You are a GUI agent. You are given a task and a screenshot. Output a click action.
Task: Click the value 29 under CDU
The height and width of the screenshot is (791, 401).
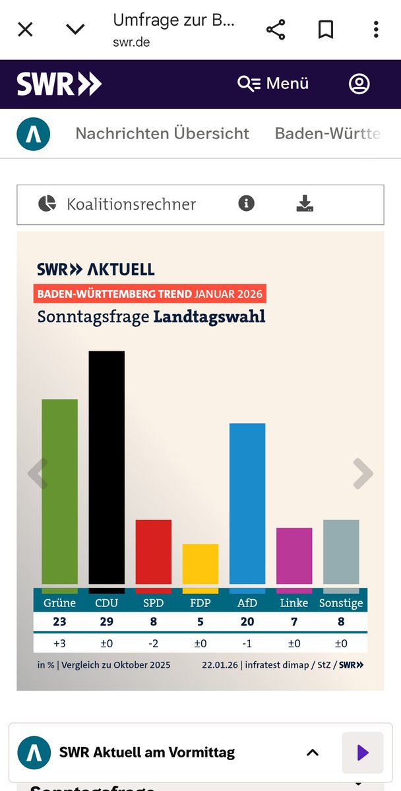(107, 622)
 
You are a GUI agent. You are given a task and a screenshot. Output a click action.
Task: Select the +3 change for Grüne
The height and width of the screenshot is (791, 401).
(59, 643)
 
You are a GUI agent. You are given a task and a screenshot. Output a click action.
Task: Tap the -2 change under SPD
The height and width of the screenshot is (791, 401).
(154, 643)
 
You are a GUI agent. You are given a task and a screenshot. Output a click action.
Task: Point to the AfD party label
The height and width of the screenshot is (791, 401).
(247, 603)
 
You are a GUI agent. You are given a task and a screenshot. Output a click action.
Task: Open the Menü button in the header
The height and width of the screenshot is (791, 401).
(274, 84)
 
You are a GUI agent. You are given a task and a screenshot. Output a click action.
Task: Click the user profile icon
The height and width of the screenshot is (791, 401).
(359, 84)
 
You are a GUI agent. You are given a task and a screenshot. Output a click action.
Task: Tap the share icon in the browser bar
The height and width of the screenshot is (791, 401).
(275, 29)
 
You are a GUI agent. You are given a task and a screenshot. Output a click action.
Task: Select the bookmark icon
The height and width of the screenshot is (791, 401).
(326, 29)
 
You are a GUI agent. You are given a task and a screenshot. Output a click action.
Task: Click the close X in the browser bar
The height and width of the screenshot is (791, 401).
(25, 29)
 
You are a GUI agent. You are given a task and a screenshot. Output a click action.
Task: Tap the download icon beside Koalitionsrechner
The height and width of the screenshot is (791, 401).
(305, 204)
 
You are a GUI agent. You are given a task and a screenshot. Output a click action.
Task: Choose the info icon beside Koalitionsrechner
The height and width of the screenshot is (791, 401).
(246, 204)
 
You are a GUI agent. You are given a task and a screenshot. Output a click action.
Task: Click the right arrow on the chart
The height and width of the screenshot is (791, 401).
(363, 473)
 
